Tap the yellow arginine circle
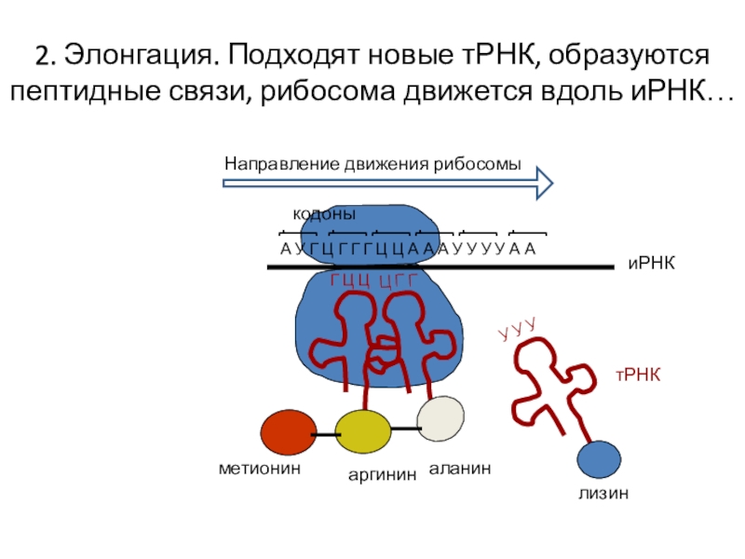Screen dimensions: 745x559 362,432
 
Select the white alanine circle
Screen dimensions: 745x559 440,419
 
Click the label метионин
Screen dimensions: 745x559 262,470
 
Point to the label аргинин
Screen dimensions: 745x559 382,475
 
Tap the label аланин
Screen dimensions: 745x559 460,469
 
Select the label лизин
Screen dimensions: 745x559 601,494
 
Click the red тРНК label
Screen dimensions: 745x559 637,375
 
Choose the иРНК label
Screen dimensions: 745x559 650,266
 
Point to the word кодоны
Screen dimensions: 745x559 325,215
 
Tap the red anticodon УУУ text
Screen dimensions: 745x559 518,328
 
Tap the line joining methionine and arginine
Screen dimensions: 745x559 325,435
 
